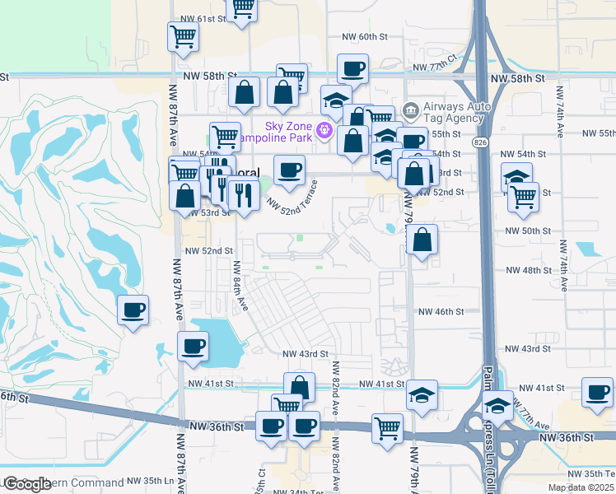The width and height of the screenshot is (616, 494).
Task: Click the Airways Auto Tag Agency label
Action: click(457, 114)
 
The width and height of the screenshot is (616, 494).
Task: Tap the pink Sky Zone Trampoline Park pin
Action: click(324, 130)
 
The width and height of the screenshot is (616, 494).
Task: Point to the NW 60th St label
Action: click(364, 36)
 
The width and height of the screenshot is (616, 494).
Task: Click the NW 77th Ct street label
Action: click(435, 65)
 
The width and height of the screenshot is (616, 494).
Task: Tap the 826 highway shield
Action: click(479, 142)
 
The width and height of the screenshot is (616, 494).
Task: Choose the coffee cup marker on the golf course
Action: click(133, 310)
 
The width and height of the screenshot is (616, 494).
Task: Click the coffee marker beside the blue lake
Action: click(194, 346)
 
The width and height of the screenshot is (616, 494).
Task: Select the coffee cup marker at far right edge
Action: click(596, 392)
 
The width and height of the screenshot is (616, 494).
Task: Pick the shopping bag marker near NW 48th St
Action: click(421, 240)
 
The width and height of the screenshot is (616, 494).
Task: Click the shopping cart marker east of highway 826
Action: click(523, 196)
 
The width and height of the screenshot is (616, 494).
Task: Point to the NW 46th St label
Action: click(441, 312)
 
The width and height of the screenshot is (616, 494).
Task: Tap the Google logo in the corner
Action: click(26, 483)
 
